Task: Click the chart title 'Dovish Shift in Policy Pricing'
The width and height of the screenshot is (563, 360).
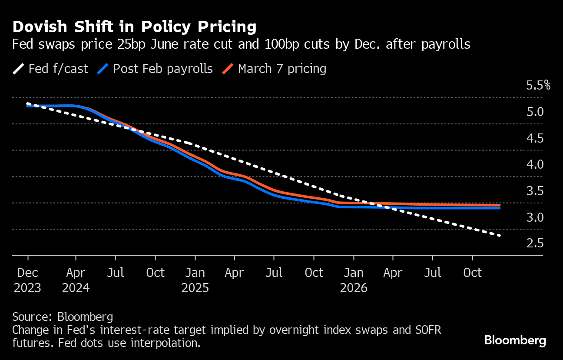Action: (x=134, y=27)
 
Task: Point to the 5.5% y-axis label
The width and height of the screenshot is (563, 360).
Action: (x=538, y=85)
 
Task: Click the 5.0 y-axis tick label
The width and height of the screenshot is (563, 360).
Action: (x=535, y=112)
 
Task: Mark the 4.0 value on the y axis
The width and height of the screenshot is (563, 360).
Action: (x=535, y=164)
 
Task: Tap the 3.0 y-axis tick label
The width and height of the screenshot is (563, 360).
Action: (x=535, y=217)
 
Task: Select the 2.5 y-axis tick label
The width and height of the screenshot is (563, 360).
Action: (x=535, y=243)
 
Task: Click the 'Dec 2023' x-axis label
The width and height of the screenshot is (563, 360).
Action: (x=28, y=280)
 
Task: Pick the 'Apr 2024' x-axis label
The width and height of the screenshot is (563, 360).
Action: (x=76, y=280)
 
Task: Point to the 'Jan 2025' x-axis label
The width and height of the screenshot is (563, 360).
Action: (x=195, y=280)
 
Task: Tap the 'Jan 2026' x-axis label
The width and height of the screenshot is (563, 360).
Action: (x=354, y=280)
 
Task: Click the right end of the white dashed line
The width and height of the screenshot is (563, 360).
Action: (x=500, y=236)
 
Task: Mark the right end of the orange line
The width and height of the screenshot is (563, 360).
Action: (x=500, y=205)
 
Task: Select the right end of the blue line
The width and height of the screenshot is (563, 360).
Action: (x=500, y=208)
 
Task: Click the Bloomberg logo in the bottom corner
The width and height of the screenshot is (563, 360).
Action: (x=515, y=340)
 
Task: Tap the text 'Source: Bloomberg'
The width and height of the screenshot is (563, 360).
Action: (x=63, y=317)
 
